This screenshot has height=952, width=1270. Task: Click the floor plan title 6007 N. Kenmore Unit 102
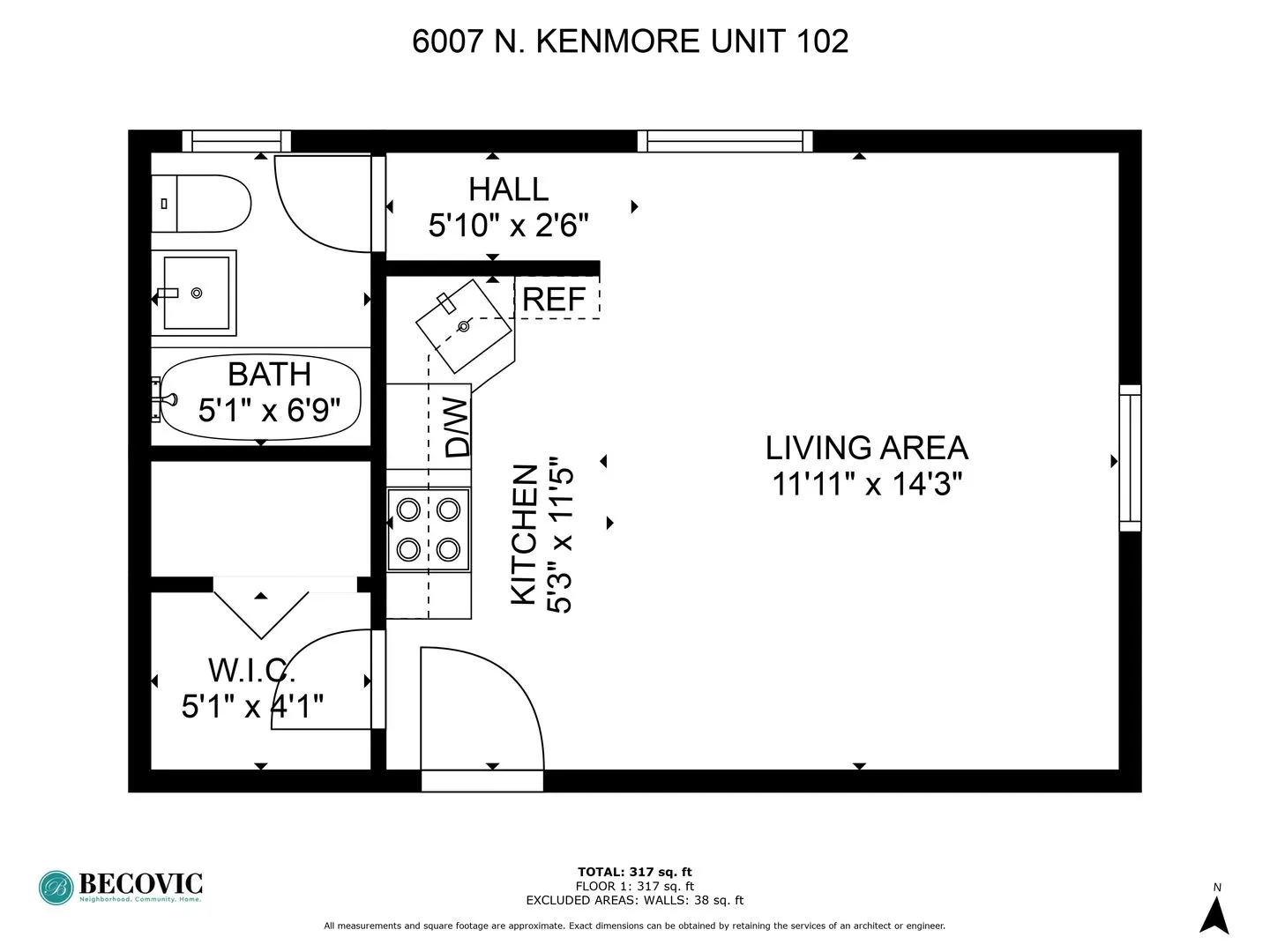(x=630, y=41)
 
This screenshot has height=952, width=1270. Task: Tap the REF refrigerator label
(x=554, y=300)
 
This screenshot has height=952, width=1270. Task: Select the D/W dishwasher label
(x=457, y=427)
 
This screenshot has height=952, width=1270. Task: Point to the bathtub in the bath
(x=261, y=397)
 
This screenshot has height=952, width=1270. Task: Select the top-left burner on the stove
(x=408, y=509)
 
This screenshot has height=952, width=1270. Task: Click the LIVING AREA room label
(x=866, y=448)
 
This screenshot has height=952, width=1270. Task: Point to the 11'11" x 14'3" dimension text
(x=866, y=484)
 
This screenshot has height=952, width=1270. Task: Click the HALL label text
(x=508, y=190)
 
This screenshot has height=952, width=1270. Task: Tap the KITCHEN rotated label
(x=524, y=534)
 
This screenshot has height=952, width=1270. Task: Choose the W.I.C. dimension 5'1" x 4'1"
(x=252, y=706)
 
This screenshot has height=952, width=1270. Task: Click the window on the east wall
(x=1130, y=458)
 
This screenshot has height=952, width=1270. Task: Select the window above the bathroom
(x=236, y=141)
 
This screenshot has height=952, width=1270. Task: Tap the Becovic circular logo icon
(x=56, y=888)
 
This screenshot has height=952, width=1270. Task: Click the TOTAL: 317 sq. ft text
(x=634, y=873)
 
